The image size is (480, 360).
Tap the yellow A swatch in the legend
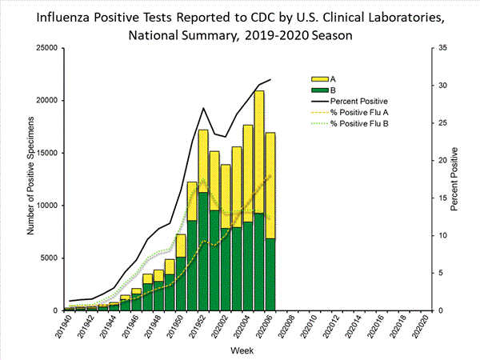tap(318, 79)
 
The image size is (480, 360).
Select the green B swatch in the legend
tap(318, 90)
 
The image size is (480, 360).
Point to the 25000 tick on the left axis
tap(48, 48)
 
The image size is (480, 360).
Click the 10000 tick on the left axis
tap(48, 206)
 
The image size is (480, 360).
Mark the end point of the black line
tap(270, 79)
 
